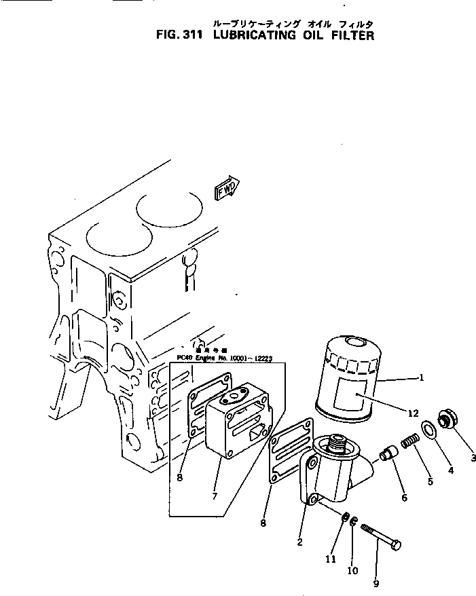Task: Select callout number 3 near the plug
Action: coord(473,458)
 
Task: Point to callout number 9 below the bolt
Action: coord(376,582)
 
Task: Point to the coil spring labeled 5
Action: coord(409,443)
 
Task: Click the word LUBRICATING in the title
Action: coord(255,35)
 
